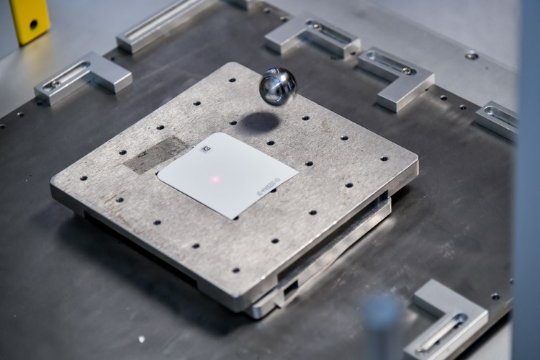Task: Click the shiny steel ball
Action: tap(278, 86)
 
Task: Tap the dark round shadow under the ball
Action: tap(260, 122)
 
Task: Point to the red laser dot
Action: tap(215, 179)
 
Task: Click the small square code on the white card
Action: tap(207, 150)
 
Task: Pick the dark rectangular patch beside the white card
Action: tap(156, 154)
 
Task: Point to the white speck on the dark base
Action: tap(141, 338)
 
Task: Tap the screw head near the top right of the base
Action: tap(472, 55)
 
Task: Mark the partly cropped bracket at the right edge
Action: tap(498, 120)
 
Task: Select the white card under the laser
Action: tap(226, 175)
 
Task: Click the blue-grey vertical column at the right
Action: tap(528, 180)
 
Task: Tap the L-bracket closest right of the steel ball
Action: tap(396, 77)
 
